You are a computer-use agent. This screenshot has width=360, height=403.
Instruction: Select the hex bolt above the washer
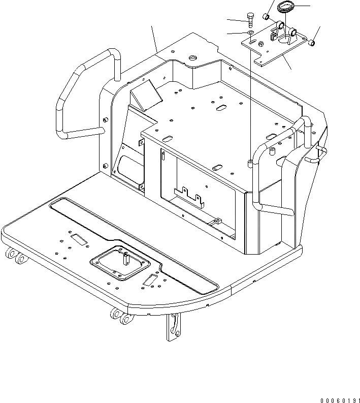pos(250,20)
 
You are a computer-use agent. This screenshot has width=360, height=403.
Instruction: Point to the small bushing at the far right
pos(312,44)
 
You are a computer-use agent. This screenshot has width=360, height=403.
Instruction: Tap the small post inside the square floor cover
pos(125,260)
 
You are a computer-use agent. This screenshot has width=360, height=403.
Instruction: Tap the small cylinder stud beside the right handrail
pos(271,151)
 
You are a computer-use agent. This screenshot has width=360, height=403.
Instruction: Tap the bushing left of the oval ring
pos(265,18)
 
